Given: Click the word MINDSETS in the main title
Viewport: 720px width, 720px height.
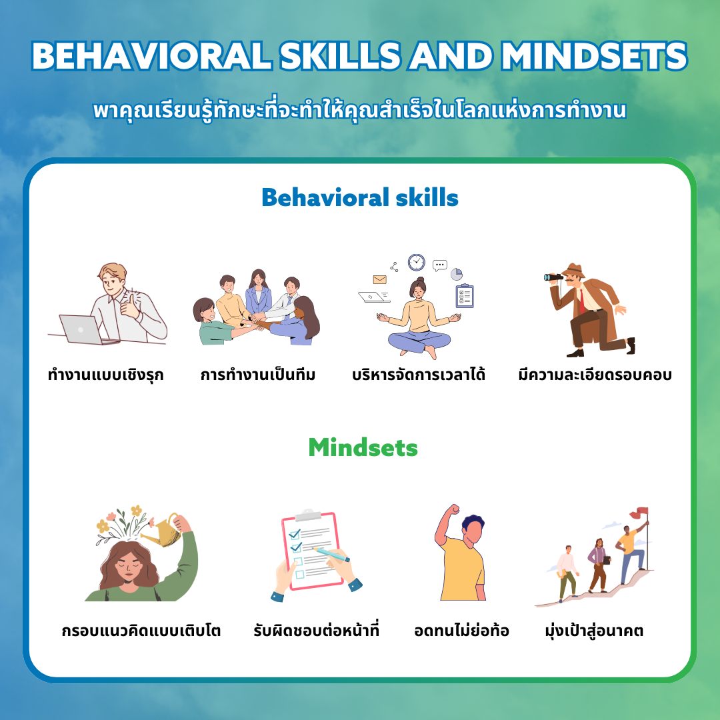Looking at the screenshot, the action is pos(594,56).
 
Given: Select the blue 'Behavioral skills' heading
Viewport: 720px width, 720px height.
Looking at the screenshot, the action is pos(360,198).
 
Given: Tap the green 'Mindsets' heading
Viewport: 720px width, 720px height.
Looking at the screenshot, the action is pos(363,447).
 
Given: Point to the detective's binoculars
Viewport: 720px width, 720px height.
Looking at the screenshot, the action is pos(553,277).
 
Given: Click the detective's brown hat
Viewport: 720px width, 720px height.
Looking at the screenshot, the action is pos(574,270).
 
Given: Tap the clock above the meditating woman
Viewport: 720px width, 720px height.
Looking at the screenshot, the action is pos(417,262).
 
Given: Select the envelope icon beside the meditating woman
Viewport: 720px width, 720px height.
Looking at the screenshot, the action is pos(380,279).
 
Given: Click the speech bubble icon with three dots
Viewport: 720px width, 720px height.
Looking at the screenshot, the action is pos(440,265).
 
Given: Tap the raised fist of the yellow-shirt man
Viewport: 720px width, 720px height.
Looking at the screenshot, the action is pos(454,510).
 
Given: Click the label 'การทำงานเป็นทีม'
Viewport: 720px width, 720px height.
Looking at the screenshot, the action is pos(257,375).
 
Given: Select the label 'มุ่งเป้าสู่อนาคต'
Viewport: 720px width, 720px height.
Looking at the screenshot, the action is pos(594,631).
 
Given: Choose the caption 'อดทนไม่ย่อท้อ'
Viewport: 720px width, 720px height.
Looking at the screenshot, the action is pos(461,630).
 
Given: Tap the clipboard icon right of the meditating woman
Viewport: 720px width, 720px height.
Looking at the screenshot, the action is pos(464,296).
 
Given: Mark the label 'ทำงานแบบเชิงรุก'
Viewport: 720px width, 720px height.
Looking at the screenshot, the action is pos(105,375).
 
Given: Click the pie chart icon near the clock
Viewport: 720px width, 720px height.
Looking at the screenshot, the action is pos(457,274).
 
